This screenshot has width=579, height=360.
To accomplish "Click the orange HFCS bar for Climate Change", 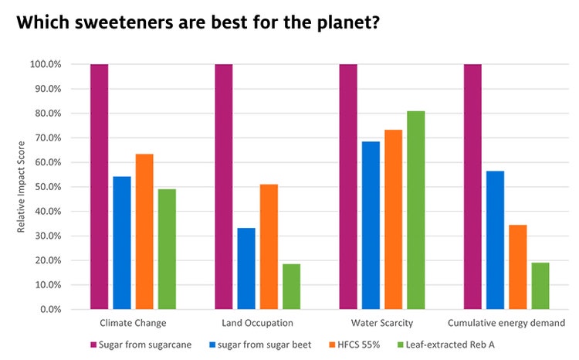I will pos(144,232).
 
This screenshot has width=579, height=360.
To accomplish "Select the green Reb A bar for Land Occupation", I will pos(292,287).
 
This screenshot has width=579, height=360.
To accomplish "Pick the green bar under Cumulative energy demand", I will pos(540,286).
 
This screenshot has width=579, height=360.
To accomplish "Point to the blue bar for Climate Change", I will pos(122,243).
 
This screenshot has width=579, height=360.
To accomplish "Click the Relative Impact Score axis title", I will pos(20,187).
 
